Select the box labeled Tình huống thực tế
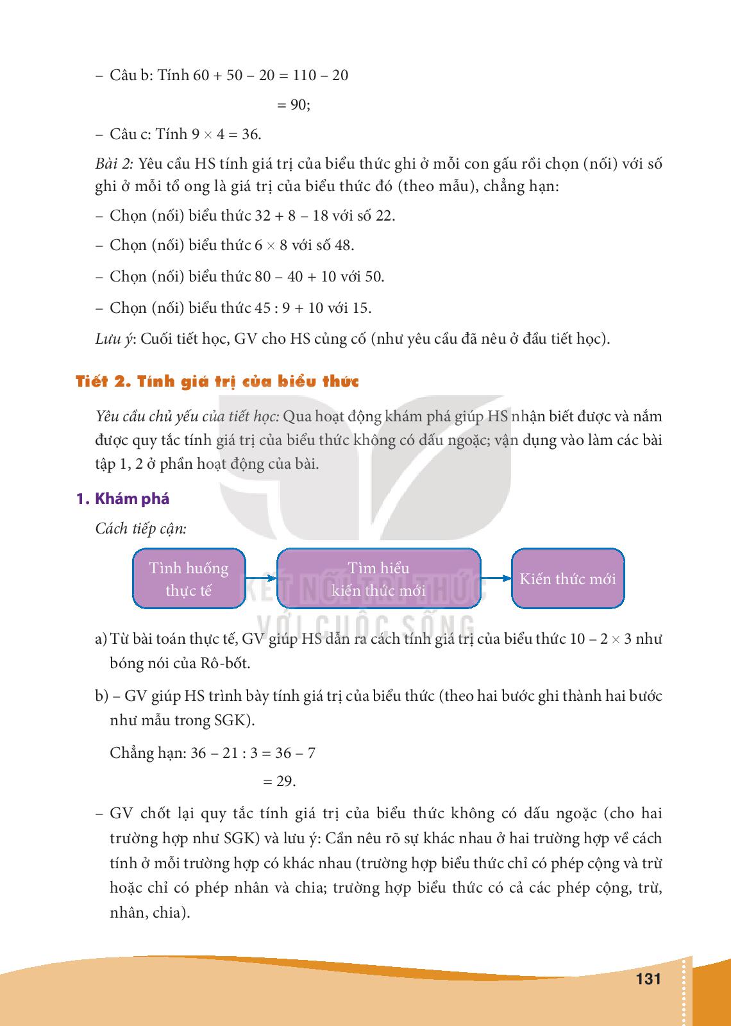[x=189, y=578]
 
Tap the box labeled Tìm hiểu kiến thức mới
[x=378, y=578]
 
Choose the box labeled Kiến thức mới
[x=567, y=578]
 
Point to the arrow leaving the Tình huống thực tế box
[x=262, y=578]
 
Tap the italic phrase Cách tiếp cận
[x=141, y=528]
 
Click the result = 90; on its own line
[x=294, y=105]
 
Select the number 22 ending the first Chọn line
[x=383, y=215]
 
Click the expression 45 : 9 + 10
[x=289, y=308]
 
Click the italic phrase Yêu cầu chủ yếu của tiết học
[x=186, y=417]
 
